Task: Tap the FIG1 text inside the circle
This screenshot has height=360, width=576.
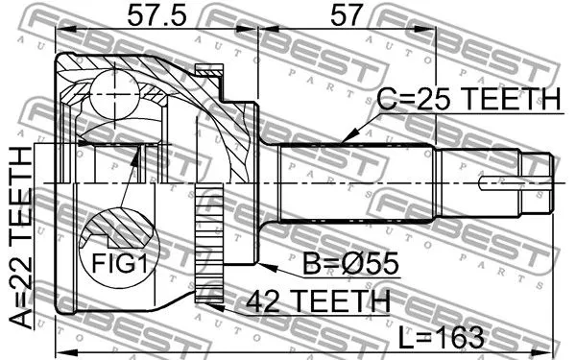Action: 112,261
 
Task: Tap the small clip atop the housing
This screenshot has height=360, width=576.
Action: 207,71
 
